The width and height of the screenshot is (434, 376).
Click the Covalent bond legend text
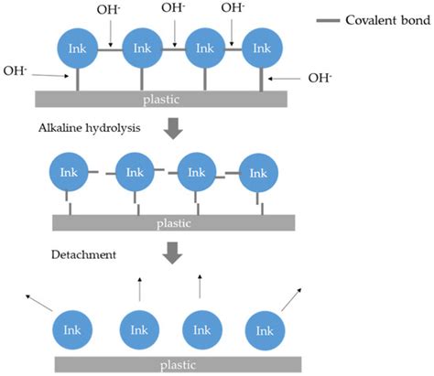tap(388, 20)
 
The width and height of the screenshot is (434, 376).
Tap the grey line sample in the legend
tap(328, 21)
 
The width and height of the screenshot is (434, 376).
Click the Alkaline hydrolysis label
tap(90, 128)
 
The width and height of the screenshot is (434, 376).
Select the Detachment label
tap(83, 254)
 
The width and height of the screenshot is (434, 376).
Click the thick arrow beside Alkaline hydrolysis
tap(173, 128)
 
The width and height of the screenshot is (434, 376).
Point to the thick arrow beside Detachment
tap(172, 252)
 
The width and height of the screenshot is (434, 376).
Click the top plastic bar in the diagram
tap(161, 99)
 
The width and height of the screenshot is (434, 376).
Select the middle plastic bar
tap(174, 223)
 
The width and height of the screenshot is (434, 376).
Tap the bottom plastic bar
tap(179, 365)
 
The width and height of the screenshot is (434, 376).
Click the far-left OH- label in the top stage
tap(15, 71)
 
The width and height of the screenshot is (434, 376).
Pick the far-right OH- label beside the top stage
tap(320, 78)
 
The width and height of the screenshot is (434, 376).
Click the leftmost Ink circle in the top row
tap(78, 48)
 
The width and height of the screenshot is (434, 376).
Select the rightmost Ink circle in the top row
tap(262, 48)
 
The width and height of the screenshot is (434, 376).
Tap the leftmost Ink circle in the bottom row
tap(72, 330)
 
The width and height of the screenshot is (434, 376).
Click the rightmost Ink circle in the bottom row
tap(265, 331)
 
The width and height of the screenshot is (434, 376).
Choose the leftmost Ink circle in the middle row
tap(69, 172)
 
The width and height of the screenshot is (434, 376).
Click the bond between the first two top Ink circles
tap(110, 49)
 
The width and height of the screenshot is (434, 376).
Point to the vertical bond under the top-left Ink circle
tap(78, 80)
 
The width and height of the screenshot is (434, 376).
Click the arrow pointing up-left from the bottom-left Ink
tap(39, 303)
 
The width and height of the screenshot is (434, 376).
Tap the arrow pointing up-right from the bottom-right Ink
tap(291, 300)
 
